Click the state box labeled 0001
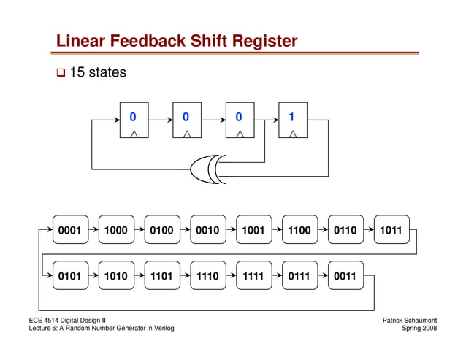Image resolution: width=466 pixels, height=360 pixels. [69, 230]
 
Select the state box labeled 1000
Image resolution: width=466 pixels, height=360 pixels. [115, 230]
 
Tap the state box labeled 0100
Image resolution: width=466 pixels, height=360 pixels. [161, 230]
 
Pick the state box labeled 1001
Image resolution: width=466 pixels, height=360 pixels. [253, 230]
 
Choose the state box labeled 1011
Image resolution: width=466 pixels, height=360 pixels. [391, 230]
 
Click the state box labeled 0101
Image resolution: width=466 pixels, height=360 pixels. [69, 277]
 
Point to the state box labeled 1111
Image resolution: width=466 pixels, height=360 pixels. [253, 277]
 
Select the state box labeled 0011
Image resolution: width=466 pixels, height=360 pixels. [345, 277]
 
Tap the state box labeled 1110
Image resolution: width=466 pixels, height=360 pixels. [207, 277]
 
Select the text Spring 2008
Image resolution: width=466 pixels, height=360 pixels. [421, 329]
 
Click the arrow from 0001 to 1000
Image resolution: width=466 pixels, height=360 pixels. [93, 230]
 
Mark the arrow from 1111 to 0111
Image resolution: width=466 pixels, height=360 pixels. [277, 277]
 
